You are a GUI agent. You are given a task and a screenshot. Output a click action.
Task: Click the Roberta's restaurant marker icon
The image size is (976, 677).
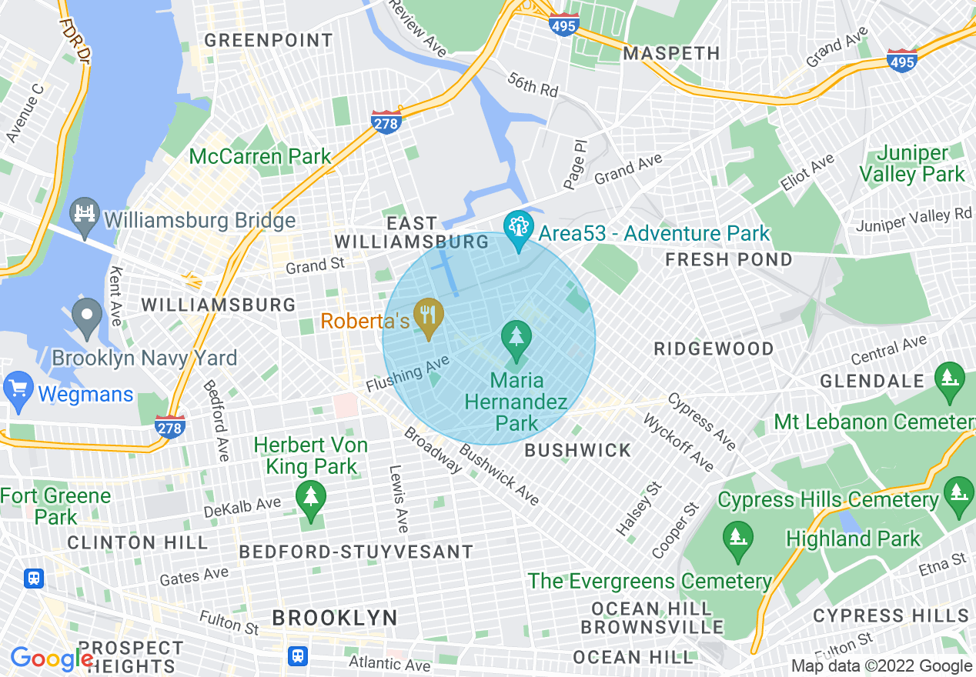pyautogui.click(x=426, y=316)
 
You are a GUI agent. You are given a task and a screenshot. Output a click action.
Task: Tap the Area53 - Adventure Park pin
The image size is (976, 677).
pyautogui.click(x=519, y=228)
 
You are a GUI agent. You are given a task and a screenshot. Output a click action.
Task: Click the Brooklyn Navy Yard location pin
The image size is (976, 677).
pyautogui.click(x=87, y=316)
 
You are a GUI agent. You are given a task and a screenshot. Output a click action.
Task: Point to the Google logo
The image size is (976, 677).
pyautogui.click(x=52, y=659)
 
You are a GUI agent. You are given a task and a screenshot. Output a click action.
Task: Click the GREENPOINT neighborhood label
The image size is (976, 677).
pyautogui.click(x=269, y=40)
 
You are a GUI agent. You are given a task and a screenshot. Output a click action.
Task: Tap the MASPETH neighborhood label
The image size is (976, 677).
pyautogui.click(x=671, y=53)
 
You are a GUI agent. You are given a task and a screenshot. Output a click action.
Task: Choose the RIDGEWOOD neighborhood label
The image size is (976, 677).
pyautogui.click(x=714, y=349)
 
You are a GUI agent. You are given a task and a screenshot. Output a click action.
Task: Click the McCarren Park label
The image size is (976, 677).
pyautogui.click(x=260, y=157)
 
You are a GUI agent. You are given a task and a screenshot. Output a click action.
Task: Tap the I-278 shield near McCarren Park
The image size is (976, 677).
pyautogui.click(x=386, y=122)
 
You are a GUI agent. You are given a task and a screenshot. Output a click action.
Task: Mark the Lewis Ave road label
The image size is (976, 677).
pyautogui.click(x=398, y=499)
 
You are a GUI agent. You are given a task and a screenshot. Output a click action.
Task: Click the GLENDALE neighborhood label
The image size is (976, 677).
pyautogui.click(x=871, y=381)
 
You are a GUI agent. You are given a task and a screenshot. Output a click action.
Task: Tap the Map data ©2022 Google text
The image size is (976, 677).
pyautogui.click(x=881, y=666)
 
